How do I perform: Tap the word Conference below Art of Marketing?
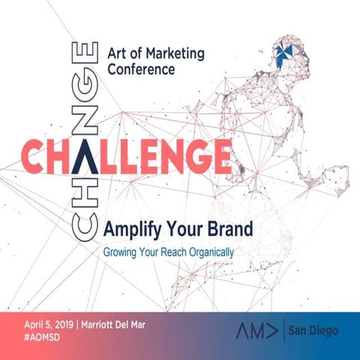point(141,69)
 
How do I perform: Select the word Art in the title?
point(116,52)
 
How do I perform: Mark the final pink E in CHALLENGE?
point(217,155)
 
